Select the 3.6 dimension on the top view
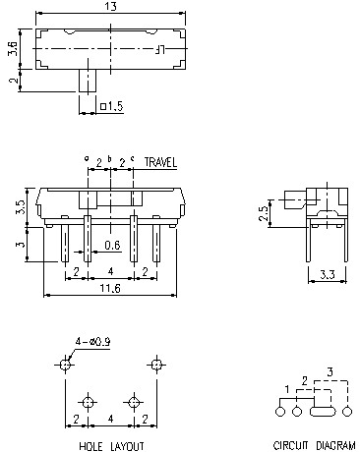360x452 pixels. point(10,47)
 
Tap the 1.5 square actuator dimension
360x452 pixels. point(113,106)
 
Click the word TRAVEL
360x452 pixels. point(161,161)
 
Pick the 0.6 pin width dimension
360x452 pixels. point(112,246)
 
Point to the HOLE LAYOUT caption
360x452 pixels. point(109,446)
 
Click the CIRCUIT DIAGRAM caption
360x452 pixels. point(315,446)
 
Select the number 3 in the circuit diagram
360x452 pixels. point(330,371)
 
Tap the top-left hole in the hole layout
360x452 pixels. point(65,365)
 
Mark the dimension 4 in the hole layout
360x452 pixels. point(110,420)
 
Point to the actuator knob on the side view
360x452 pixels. point(292,199)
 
